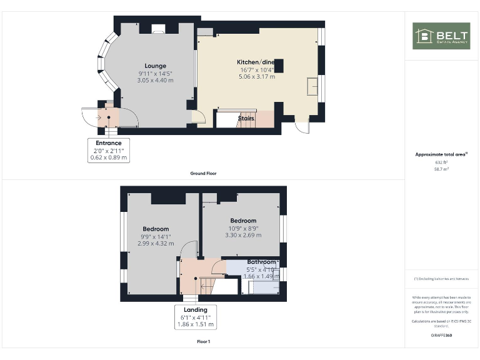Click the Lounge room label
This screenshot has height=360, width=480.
pos(155,66)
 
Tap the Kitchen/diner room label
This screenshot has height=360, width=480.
pos(255,62)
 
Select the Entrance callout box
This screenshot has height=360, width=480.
pos(109,151)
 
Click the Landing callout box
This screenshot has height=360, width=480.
pos(196,317)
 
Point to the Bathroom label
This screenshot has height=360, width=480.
pos(261,262)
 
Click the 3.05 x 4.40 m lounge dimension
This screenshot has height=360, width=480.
pos(155,80)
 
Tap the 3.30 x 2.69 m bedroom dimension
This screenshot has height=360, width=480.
pos(243,235)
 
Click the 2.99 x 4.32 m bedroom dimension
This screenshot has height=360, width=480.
pos(156,243)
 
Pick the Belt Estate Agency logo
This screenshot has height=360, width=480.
pos(441,36)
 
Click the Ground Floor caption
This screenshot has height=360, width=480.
pos(204,173)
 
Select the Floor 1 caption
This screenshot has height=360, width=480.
pos(204,342)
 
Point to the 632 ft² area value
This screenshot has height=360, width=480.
pos(441,162)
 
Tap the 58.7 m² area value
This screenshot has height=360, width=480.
pos(441,169)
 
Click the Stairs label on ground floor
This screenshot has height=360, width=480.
pos(246,117)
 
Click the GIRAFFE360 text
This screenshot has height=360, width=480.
pos(441,336)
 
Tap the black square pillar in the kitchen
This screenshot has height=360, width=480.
pos(279,66)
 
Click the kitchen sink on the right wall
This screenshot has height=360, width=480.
pos(312,86)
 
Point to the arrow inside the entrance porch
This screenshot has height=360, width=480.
pos(99,116)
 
